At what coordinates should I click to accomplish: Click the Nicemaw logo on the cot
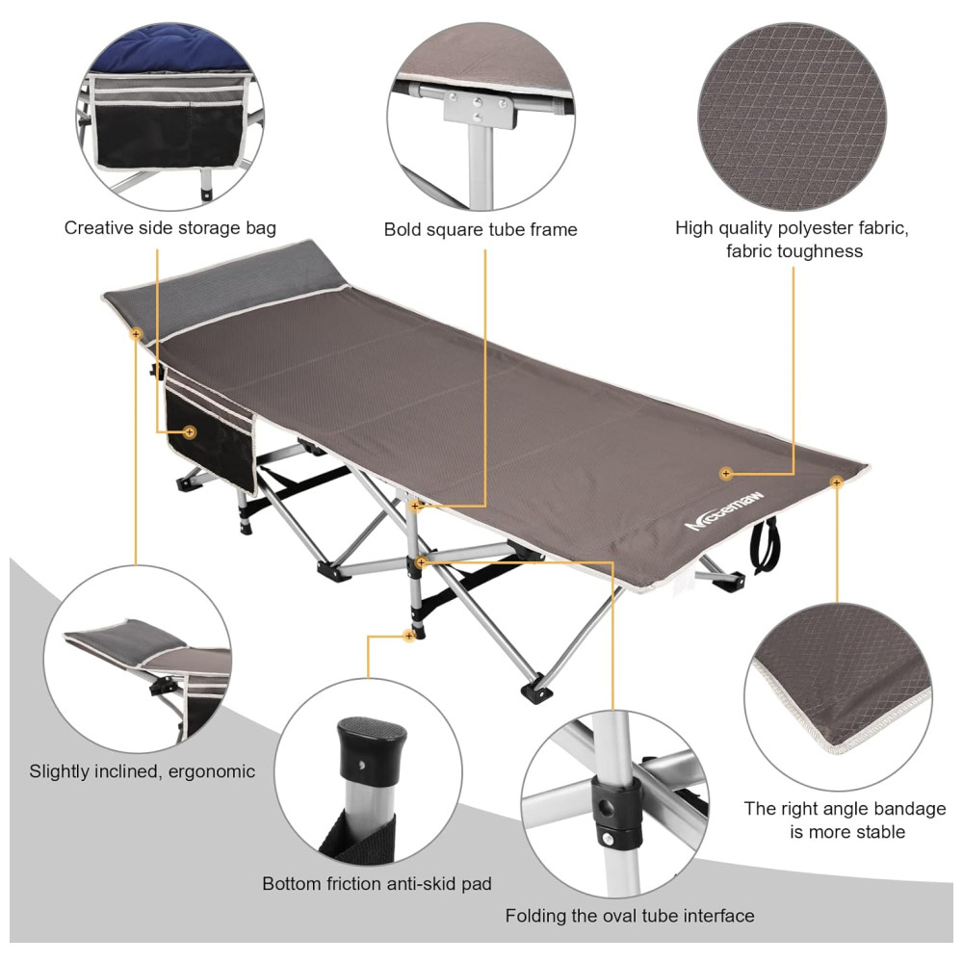pos(725,511)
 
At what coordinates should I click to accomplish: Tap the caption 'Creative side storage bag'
pos(170,228)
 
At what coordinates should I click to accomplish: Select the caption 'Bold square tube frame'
pos(481,230)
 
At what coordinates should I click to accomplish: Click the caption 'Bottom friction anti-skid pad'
pos(377,884)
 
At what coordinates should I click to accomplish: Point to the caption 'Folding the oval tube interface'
pos(630,916)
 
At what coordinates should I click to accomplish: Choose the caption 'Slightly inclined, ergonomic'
pos(142,771)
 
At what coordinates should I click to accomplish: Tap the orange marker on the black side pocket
pos(189,432)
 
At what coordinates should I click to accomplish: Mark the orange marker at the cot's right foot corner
pos(836,482)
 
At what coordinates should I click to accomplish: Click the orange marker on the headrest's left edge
pos(136,334)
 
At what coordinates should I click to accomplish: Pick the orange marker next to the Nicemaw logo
pos(726,474)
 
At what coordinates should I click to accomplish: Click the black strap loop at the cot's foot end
pos(765,545)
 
